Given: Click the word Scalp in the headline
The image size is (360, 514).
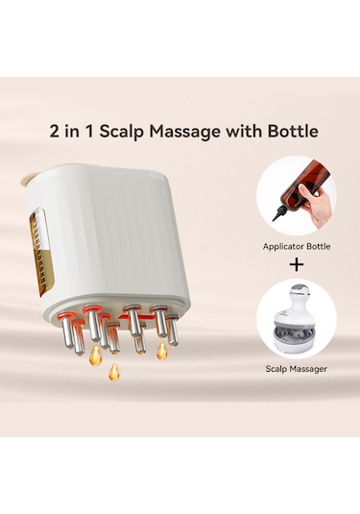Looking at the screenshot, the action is pos(122,132).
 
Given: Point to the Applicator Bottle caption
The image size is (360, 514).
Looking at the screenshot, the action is pos(297,247).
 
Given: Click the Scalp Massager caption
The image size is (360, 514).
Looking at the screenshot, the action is pos(296,369).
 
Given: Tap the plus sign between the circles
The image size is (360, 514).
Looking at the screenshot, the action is pos(297,265).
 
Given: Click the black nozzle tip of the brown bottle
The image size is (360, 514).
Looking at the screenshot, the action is pos(277,215).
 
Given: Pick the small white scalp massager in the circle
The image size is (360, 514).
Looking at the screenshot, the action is pos(294,320).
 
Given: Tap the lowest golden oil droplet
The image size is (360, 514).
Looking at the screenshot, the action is pos(113,373).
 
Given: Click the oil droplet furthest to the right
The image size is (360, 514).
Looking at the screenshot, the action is pos(161,352).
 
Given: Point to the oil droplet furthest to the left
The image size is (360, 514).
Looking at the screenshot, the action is pos(95,355).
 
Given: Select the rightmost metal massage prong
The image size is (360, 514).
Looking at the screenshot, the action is pos(173,330).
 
